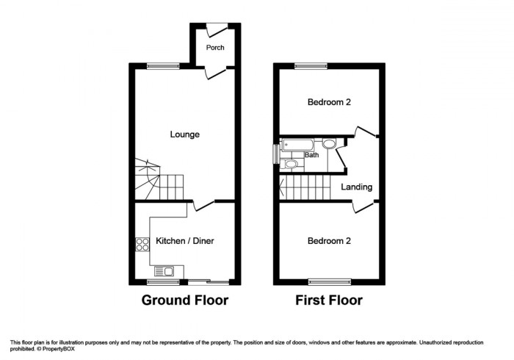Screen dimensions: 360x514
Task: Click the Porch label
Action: pyautogui.click(x=215, y=48)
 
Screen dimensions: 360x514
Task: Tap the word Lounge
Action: pyautogui.click(x=184, y=134)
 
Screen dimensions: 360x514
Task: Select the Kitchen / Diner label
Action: pyautogui.click(x=184, y=240)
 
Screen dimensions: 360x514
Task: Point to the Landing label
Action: pyautogui.click(x=356, y=187)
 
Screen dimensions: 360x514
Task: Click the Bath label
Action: pyautogui.click(x=312, y=155)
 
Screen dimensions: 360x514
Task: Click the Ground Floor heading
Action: pyautogui.click(x=184, y=300)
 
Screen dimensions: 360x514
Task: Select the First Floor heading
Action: pyautogui.click(x=329, y=300)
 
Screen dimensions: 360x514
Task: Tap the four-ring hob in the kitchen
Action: pyautogui.click(x=140, y=245)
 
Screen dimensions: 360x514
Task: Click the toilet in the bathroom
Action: pyautogui.click(x=290, y=164)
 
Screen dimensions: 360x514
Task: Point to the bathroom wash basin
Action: pyautogui.click(x=328, y=144)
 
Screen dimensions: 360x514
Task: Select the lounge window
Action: pyautogui.click(x=162, y=66)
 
